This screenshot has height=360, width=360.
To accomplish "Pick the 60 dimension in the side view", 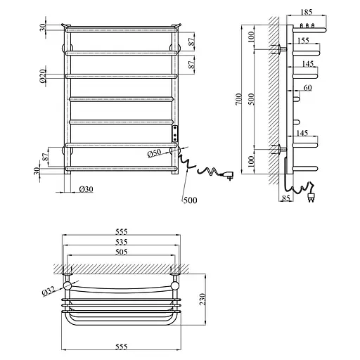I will click(x=307, y=88).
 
